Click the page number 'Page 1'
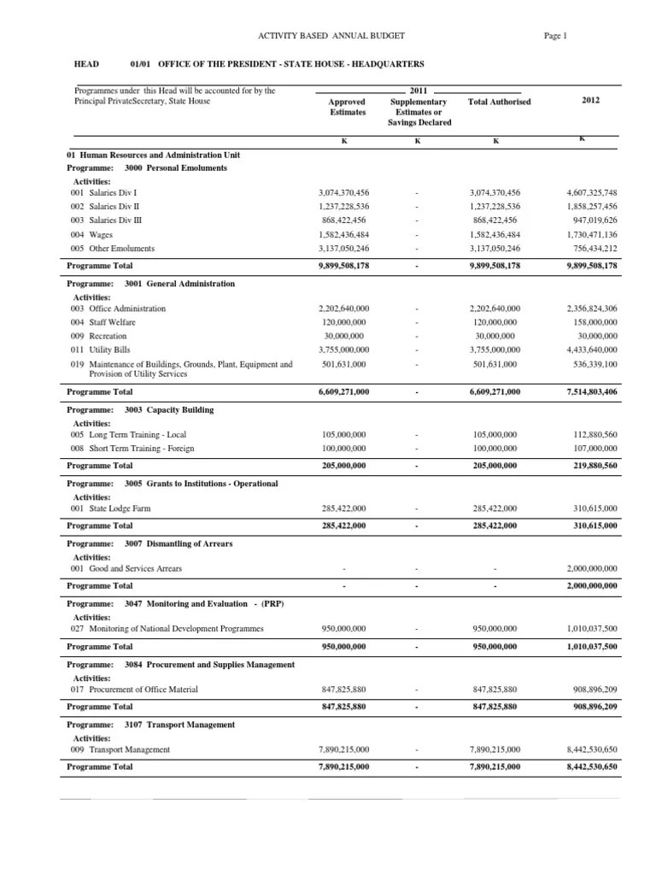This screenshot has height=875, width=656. click(554, 35)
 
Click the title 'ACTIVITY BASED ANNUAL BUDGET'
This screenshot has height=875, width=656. click(331, 35)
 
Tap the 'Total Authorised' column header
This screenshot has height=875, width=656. click(499, 102)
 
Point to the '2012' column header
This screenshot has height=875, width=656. click(591, 100)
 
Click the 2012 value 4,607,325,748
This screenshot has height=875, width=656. click(585, 194)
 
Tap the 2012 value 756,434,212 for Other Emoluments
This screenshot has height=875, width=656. click(590, 249)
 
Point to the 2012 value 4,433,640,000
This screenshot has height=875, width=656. click(585, 349)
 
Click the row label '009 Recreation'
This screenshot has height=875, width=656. click(102, 336)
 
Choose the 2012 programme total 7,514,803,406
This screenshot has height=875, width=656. click(585, 391)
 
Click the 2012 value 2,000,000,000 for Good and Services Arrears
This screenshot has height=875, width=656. click(585, 568)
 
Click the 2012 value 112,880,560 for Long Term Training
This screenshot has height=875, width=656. click(589, 435)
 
